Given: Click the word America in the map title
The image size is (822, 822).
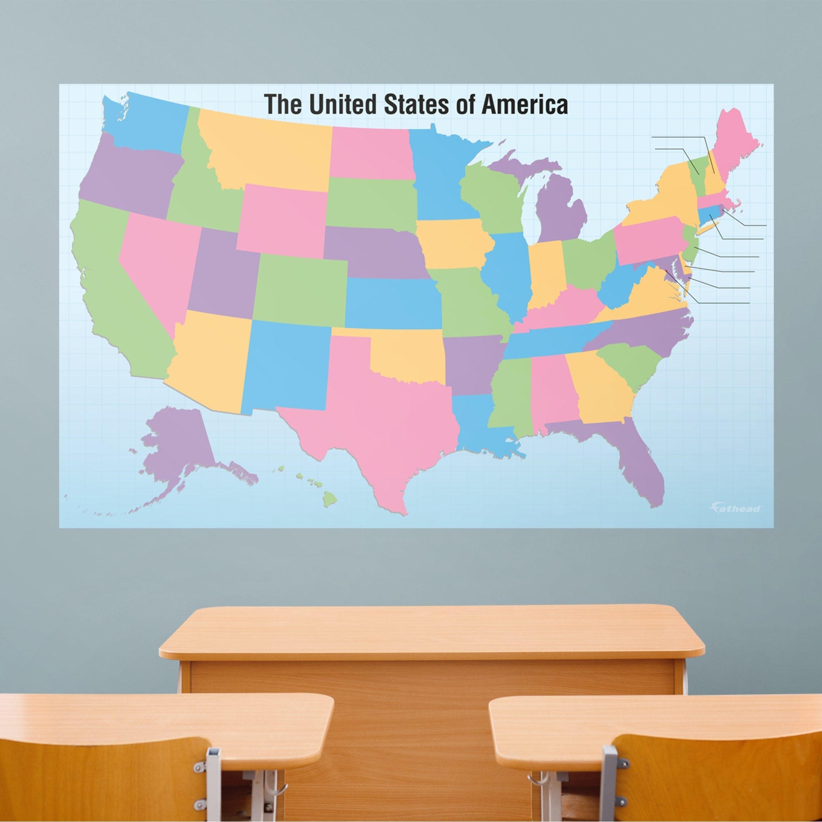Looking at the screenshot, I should (x=524, y=105).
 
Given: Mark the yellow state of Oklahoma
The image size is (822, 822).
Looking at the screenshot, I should (x=409, y=358).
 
